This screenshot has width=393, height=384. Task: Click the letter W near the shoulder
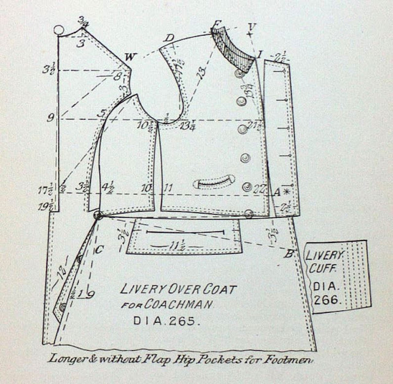129,57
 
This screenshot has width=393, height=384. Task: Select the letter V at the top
251,26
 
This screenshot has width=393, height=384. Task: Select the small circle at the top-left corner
60,29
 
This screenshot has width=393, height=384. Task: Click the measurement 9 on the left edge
51,117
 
